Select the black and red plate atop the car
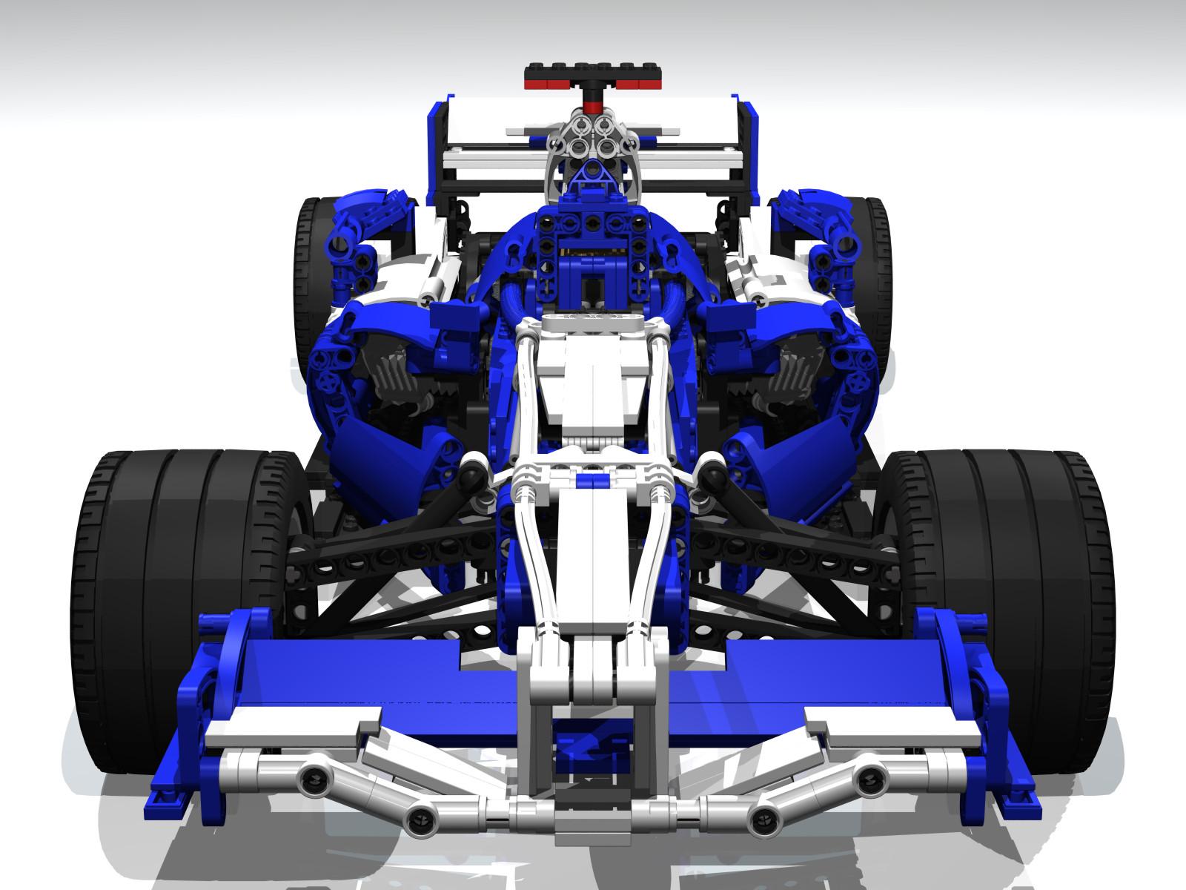[x=593, y=76]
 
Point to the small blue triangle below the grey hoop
[x=591, y=174]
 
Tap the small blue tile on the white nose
[x=593, y=481]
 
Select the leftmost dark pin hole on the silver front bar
[x=314, y=779]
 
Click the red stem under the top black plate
[x=592, y=100]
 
